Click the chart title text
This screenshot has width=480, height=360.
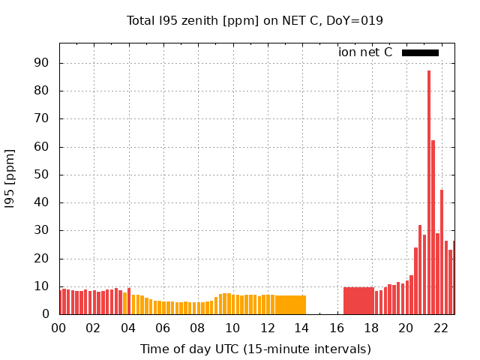click(x=255, y=20)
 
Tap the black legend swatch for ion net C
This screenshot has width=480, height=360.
click(x=420, y=52)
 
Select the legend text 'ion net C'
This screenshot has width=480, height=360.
click(x=365, y=52)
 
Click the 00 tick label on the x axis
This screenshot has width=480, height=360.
click(x=58, y=328)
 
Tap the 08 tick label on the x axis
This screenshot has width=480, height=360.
click(x=197, y=328)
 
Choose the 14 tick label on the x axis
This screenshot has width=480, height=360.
click(x=301, y=328)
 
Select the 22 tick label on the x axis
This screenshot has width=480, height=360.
click(x=440, y=328)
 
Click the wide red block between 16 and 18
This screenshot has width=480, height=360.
click(x=358, y=301)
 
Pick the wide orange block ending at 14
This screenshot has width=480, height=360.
click(x=290, y=304)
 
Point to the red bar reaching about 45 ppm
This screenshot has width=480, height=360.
click(x=442, y=252)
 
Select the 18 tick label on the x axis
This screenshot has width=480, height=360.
click(x=370, y=328)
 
